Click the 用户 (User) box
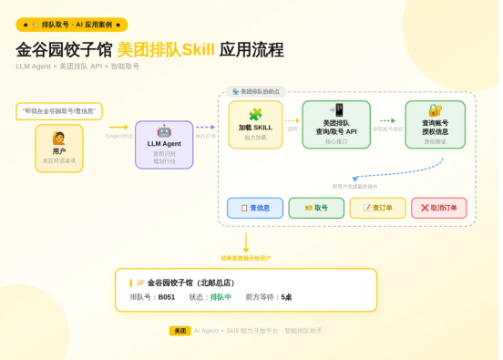(59, 147)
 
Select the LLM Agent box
(164, 145)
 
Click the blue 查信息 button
(255, 208)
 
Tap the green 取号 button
(316, 208)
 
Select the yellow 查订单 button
(377, 208)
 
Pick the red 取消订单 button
(438, 208)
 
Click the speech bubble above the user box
(59, 110)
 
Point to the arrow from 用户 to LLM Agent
(118, 128)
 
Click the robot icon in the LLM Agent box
(164, 130)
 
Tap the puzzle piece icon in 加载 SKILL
(255, 113)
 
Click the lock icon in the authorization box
(435, 109)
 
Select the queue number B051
(166, 297)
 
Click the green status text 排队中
(221, 297)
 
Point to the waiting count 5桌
(286, 297)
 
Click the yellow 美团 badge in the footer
(180, 330)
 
